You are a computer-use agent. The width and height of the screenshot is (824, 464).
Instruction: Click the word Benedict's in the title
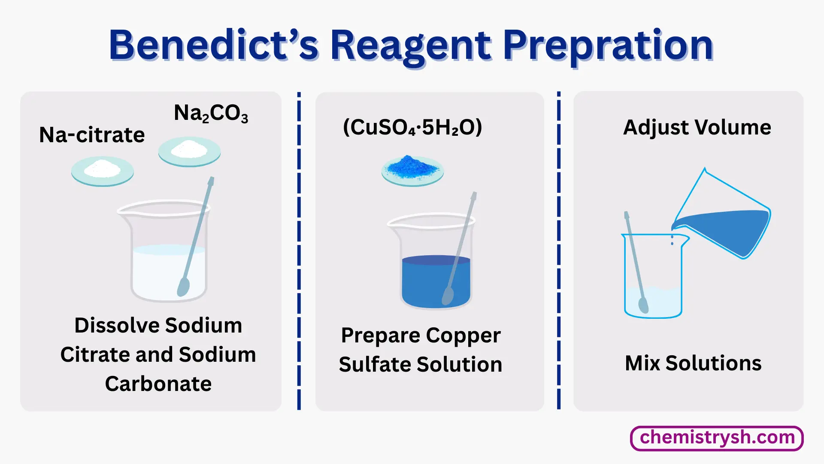pos(213,45)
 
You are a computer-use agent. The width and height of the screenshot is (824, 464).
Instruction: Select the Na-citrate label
pos(92,135)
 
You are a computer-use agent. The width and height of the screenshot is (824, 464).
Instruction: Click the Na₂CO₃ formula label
pos(211,113)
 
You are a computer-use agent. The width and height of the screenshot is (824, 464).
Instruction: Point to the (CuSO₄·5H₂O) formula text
pos(412,127)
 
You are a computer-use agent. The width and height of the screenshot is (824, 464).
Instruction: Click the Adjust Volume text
pos(697,127)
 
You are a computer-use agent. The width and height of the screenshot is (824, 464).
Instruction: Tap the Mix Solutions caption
pos(693,363)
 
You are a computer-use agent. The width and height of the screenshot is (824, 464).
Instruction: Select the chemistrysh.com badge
pos(716,438)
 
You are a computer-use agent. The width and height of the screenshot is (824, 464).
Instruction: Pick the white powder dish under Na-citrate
pos(103,171)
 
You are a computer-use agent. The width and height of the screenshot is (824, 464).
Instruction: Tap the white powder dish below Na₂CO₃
pos(189,151)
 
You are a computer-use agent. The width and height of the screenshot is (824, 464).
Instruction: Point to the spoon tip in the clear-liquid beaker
pos(183,287)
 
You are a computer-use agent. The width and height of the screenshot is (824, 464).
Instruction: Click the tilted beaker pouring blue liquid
pos(725,223)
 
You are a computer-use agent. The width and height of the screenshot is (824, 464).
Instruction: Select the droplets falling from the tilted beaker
pos(672,241)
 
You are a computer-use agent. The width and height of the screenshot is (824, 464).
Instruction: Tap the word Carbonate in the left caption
pos(158,384)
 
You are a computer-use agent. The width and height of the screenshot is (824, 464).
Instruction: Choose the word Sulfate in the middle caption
pos(375,364)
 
